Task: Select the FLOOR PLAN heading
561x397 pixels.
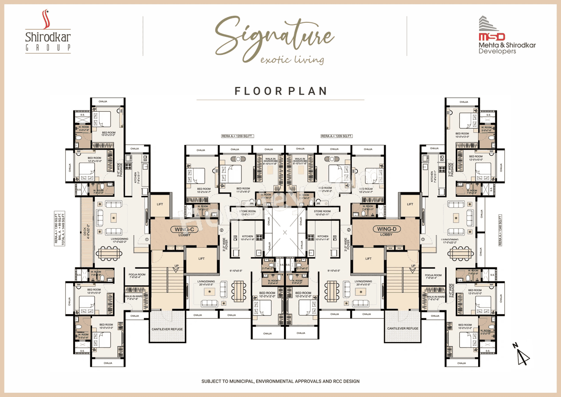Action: pos(280,91)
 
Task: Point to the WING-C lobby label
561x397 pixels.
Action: pos(185,231)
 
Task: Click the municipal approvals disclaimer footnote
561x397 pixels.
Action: pos(280,381)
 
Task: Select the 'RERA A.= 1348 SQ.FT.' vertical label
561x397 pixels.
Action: pos(501,230)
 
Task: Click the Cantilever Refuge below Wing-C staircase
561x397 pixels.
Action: pos(167,329)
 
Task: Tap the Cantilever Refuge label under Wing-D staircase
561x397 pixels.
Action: pos(403,329)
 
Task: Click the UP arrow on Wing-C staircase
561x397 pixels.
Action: pos(176,266)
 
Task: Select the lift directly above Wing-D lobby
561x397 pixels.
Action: pos(410,205)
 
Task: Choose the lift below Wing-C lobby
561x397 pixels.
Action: pos(201,259)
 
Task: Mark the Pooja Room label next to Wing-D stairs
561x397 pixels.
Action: pos(433,276)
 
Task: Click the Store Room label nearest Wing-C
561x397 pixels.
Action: pos(247,213)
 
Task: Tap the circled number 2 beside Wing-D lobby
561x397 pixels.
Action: pos(349,229)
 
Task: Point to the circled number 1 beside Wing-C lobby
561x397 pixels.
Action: pos(147,239)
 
